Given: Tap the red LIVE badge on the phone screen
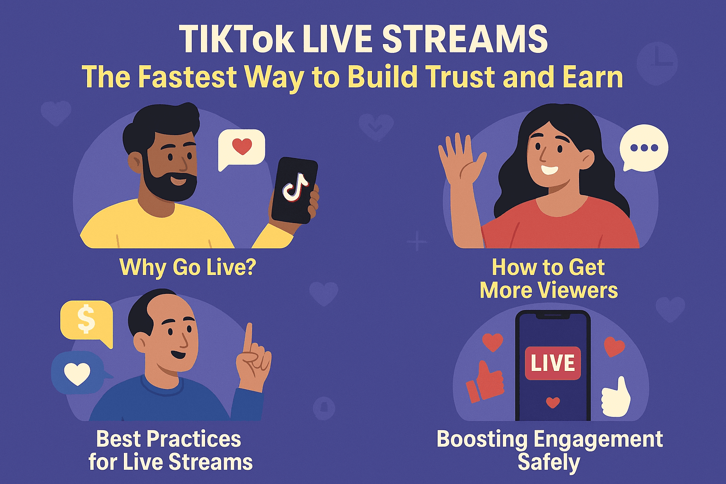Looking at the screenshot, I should tap(553, 363).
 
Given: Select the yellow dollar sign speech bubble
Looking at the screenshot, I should tap(86, 320).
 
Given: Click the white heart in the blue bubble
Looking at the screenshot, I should tap(77, 373).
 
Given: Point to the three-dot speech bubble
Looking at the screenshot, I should tap(644, 148).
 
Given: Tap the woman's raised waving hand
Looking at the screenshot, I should tap(459, 161).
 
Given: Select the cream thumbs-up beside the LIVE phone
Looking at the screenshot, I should tap(616, 398).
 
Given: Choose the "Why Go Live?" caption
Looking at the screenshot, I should tap(187, 267).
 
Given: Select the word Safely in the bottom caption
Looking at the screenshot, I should tap(549, 462).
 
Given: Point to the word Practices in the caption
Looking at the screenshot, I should tap(194, 439).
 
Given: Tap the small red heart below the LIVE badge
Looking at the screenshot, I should tap(553, 403).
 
